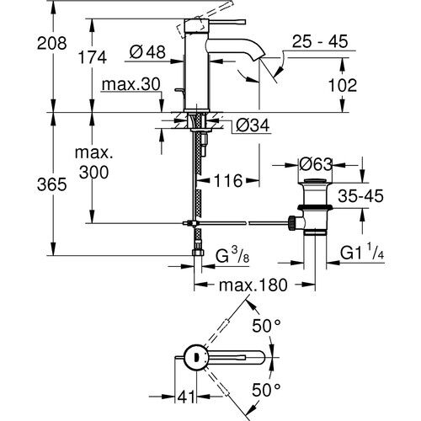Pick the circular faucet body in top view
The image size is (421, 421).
[195, 356]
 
